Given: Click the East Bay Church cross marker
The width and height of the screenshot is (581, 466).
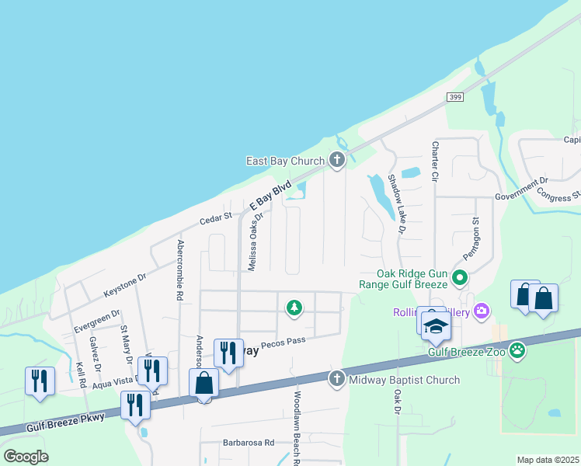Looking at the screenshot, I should pos(336,161).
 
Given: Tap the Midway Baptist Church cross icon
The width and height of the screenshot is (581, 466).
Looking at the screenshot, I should pos(336,379).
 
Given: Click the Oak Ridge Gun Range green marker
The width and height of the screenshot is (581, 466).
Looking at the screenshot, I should pos(460,276).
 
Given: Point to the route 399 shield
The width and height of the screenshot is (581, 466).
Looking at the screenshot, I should pos(456,96).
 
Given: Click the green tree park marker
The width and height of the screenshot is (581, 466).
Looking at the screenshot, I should pos(294,308).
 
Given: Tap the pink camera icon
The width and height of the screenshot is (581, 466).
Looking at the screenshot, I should pos(482,311).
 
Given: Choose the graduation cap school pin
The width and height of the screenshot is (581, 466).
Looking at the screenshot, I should pos(436,325).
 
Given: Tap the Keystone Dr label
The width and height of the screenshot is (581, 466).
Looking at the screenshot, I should pos(125,286).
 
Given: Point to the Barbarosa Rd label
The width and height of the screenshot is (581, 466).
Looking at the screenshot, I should pos(249,443).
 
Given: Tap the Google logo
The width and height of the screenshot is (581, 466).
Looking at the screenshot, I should pos(26,457).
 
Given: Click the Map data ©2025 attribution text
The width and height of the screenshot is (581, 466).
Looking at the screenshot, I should pos(548,460).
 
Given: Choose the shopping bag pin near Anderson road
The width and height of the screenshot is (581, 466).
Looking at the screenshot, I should pos(204,383).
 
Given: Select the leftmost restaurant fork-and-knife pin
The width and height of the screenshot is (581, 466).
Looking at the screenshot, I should pos(40,381).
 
